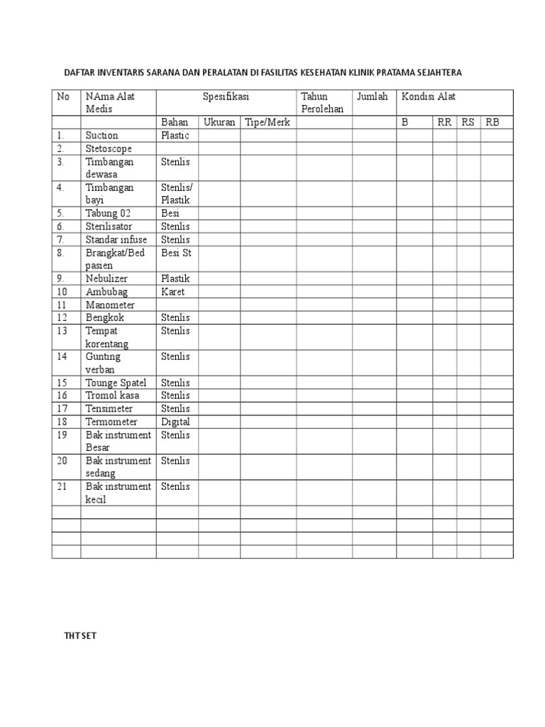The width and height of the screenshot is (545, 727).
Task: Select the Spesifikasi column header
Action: coord(226,97)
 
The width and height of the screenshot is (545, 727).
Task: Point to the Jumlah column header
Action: coord(373,97)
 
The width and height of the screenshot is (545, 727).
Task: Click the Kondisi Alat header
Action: coord(429,97)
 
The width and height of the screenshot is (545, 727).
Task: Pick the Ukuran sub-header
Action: coord(219,122)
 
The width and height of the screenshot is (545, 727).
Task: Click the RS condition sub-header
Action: coord(468,122)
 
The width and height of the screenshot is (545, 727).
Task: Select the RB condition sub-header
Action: coord(492,122)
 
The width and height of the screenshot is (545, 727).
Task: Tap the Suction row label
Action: coord(102,135)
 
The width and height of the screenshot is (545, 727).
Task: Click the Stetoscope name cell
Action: coord(109,148)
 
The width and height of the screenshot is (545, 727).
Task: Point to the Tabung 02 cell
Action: coord(108,213)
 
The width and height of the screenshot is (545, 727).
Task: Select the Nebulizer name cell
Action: coord(108,278)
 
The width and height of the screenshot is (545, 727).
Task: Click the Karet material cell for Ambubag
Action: coord(173,291)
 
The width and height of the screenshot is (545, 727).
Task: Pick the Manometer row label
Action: coord(110,305)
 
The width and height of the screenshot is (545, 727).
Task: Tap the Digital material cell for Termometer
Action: coord(175,422)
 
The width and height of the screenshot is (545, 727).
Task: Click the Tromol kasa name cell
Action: coord(112,395)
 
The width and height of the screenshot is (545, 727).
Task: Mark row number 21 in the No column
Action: coord(62,486)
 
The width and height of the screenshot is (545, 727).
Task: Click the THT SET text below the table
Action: coord(79,636)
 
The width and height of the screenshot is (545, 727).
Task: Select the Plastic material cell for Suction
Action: coord(175,135)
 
